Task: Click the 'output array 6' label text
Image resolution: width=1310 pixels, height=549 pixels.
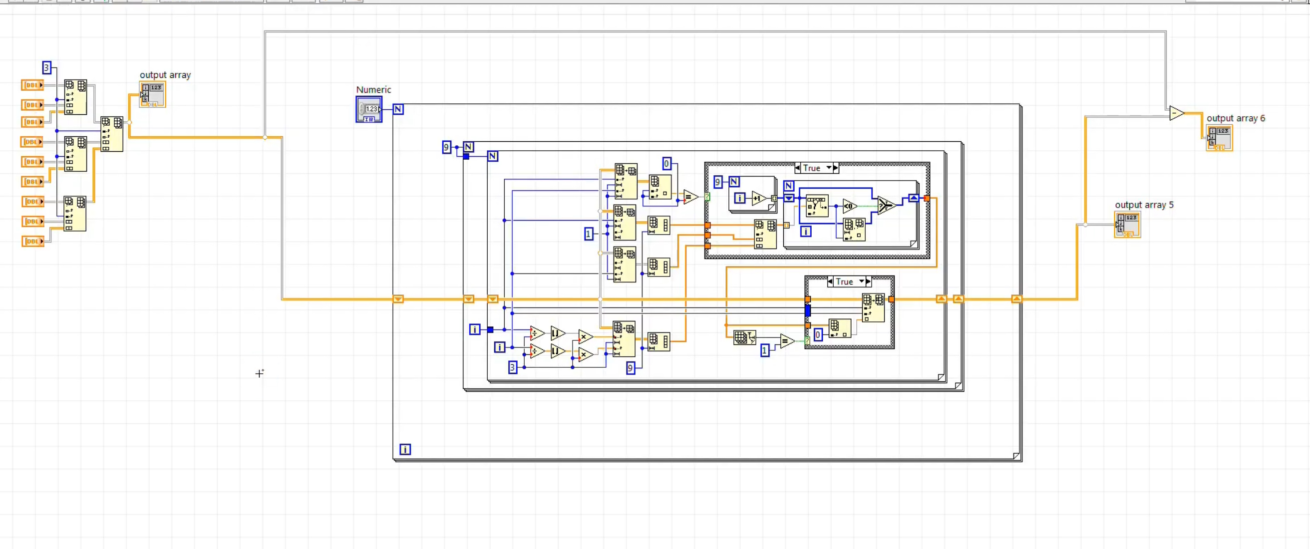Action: tap(1235, 118)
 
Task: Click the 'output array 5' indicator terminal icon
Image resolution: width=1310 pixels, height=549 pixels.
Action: tap(1127, 224)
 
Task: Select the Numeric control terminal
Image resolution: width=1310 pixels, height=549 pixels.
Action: tap(369, 109)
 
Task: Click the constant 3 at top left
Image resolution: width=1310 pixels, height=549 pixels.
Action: tap(46, 67)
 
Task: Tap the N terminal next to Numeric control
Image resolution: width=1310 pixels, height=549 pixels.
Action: tap(398, 109)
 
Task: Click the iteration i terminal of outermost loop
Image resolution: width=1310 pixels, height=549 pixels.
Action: tap(405, 449)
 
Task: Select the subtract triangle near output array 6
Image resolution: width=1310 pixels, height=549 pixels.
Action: tap(1176, 113)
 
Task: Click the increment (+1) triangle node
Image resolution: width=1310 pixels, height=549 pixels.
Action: tap(758, 198)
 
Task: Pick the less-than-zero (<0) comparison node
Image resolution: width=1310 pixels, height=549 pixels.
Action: tap(849, 206)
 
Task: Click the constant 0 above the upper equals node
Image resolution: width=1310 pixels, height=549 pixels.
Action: tap(666, 164)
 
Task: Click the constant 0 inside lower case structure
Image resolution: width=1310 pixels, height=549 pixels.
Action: tap(817, 335)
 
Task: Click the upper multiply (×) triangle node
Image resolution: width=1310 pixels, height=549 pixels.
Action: tap(585, 336)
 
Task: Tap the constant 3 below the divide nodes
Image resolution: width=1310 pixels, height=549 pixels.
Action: tap(512, 367)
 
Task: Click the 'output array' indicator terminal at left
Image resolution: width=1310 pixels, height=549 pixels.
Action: tap(153, 94)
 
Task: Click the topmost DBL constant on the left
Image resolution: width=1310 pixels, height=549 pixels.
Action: tap(32, 85)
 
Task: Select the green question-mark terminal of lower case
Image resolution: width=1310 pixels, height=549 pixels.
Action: tap(807, 340)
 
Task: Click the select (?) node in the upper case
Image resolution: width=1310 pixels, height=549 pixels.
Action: tap(886, 205)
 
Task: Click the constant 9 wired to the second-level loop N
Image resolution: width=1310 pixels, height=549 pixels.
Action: tap(446, 147)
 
